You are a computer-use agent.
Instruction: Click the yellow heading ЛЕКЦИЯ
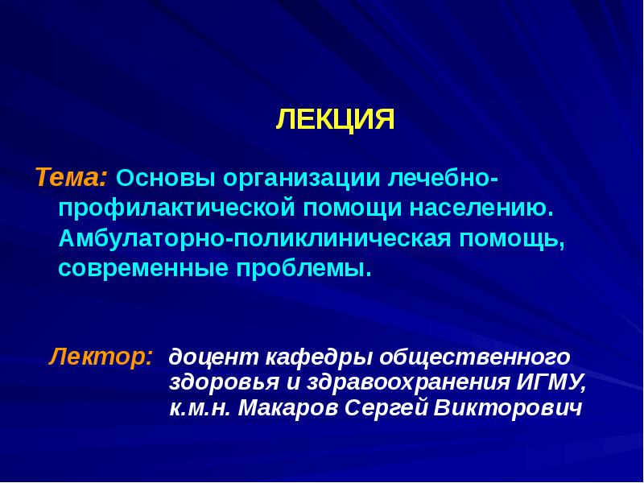[335, 120]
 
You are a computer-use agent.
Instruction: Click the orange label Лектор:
[101, 355]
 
